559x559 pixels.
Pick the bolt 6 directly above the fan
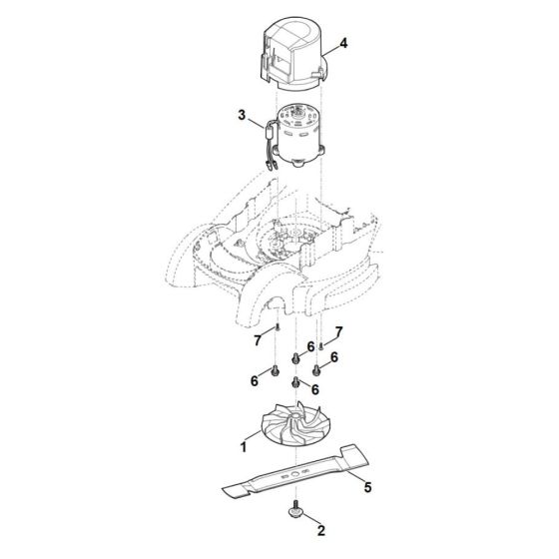(295, 384)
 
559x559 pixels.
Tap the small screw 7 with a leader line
(321, 345)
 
